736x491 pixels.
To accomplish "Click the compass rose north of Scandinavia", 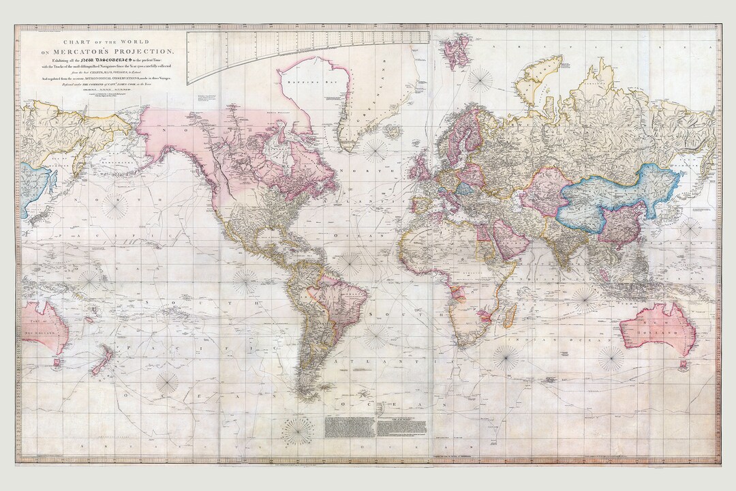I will pos(481,80).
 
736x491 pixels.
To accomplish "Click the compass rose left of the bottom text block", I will pos(298,430).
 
